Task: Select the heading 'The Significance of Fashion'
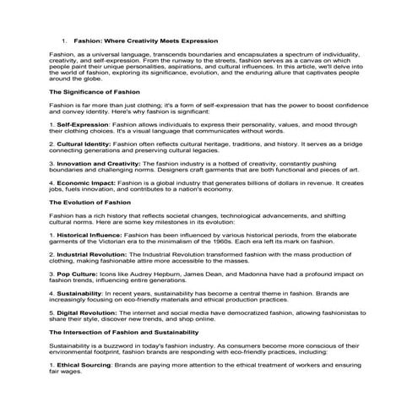pos(95,91)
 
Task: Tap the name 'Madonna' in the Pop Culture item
pos(247,274)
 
